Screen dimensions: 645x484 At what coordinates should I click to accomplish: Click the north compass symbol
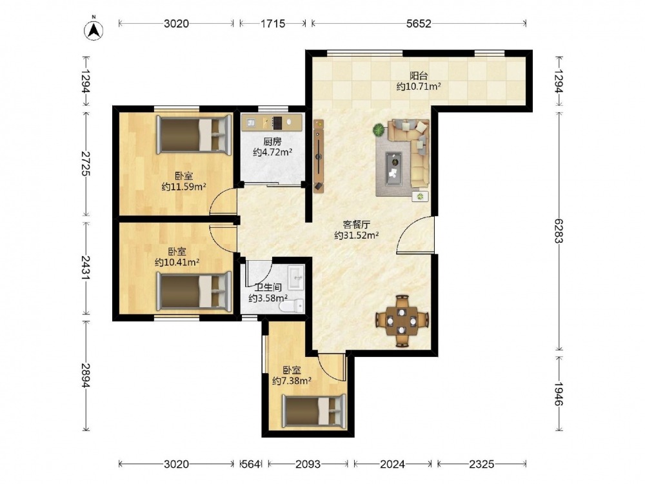(94, 30)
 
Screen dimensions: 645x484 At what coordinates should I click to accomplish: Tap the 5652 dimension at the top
(419, 23)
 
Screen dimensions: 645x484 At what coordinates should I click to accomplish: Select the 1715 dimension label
(273, 23)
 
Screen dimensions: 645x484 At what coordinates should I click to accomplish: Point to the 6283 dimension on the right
(558, 230)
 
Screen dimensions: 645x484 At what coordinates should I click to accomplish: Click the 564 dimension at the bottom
(250, 464)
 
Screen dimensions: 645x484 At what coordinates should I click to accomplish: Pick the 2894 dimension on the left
(86, 375)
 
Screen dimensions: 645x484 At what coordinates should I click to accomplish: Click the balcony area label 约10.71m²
(419, 86)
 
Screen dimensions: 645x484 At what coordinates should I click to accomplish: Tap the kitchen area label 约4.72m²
(272, 152)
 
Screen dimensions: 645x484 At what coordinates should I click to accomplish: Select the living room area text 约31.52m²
(356, 236)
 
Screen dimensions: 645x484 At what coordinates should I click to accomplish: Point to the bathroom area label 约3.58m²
(268, 298)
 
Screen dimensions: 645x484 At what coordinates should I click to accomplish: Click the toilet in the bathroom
(292, 306)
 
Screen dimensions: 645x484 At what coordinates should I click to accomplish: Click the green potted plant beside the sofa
(379, 130)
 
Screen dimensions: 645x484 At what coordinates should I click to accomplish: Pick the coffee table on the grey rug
(393, 168)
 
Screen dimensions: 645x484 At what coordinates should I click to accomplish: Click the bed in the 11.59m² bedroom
(193, 135)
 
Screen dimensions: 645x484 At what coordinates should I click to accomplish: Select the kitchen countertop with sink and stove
(272, 122)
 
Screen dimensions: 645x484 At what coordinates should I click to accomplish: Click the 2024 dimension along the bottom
(392, 464)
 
